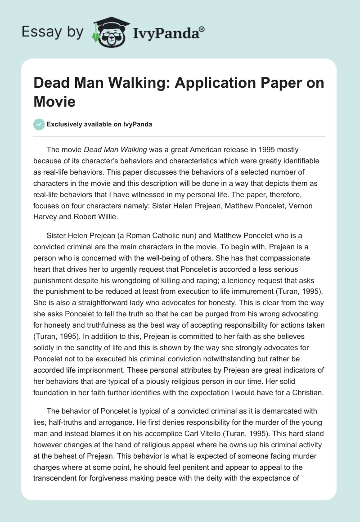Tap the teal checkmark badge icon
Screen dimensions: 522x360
coord(40,124)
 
